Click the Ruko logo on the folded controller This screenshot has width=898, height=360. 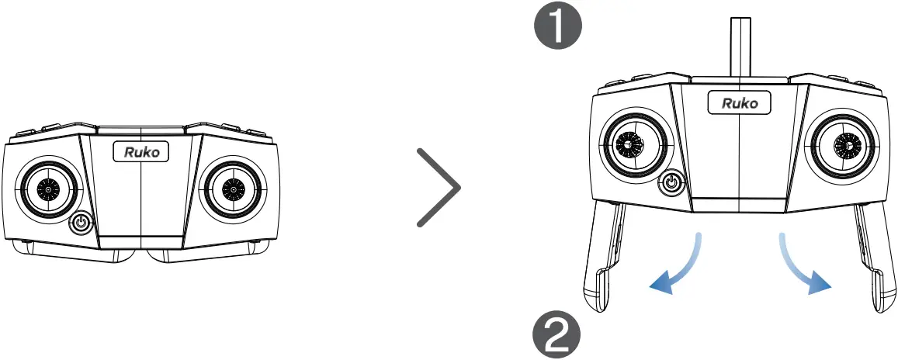140,152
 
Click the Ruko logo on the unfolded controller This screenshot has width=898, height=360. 740,102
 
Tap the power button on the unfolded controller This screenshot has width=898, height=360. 672,184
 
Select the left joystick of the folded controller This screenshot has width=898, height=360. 49,189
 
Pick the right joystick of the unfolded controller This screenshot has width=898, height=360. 845,144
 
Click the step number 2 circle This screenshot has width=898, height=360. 556,335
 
